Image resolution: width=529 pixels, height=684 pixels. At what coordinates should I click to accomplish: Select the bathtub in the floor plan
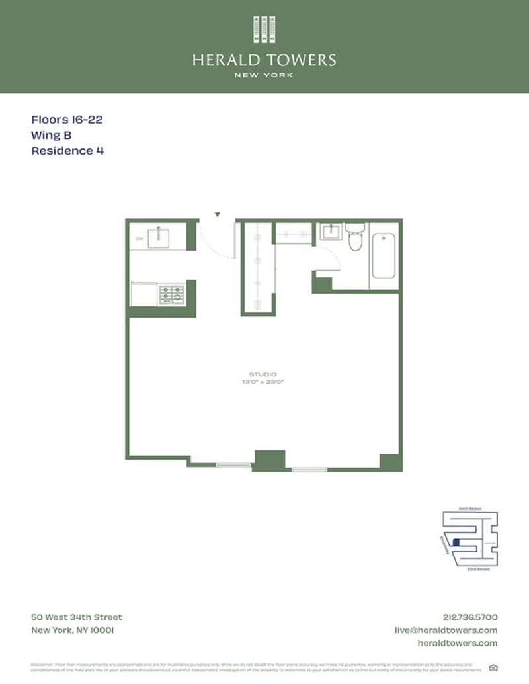pyautogui.click(x=384, y=256)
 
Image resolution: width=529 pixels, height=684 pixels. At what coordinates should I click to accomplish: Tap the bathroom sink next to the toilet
pyautogui.click(x=329, y=233)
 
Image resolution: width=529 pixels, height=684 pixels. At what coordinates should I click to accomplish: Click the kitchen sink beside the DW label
pyautogui.click(x=158, y=237)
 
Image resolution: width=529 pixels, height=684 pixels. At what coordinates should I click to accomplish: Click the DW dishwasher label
pyautogui.click(x=140, y=238)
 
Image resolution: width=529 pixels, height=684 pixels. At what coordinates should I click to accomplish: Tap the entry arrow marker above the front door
pyautogui.click(x=217, y=214)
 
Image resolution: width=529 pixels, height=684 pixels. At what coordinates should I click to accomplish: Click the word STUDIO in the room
pyautogui.click(x=263, y=374)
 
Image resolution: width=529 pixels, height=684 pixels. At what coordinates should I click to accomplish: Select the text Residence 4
pyautogui.click(x=67, y=151)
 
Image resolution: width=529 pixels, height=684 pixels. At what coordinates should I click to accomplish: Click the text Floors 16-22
pyautogui.click(x=67, y=120)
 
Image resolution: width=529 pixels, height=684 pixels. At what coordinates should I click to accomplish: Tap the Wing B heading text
pyautogui.click(x=52, y=136)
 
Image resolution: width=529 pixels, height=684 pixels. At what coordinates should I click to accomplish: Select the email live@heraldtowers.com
pyautogui.click(x=456, y=630)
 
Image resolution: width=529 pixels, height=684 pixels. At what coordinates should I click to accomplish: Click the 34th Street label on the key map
pyautogui.click(x=469, y=509)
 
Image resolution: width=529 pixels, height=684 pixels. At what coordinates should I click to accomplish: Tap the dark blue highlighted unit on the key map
pyautogui.click(x=455, y=542)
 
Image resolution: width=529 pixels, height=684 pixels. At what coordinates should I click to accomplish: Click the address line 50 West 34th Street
pyautogui.click(x=77, y=617)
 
